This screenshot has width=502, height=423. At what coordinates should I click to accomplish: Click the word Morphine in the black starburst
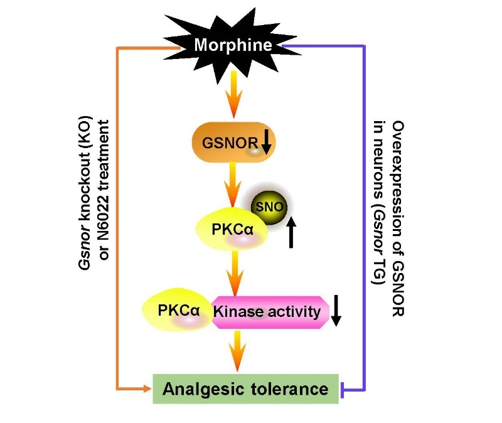click(x=233, y=46)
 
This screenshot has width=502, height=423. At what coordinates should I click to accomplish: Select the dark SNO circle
click(x=266, y=206)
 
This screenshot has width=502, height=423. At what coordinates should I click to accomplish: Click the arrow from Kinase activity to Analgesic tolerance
click(x=235, y=351)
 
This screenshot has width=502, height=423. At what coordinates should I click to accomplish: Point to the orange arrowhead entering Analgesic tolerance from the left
click(x=147, y=389)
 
